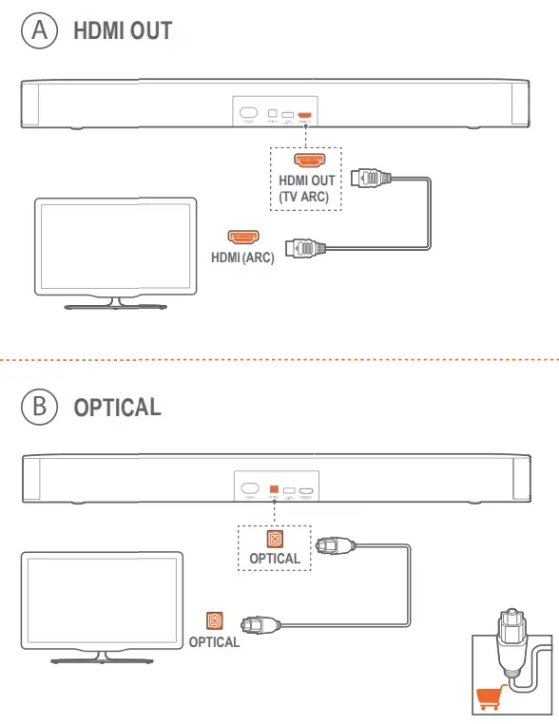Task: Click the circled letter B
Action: click(x=39, y=407)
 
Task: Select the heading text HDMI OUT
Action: click(x=123, y=30)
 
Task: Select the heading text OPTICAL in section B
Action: click(x=117, y=408)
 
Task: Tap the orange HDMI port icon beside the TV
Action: click(x=243, y=236)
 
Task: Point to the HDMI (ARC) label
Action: click(x=243, y=257)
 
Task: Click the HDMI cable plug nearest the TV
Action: click(x=311, y=248)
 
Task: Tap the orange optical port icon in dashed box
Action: click(x=275, y=539)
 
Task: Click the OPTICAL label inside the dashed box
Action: click(x=275, y=559)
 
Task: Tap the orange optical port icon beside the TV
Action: click(x=215, y=621)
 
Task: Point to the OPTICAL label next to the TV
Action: click(x=214, y=642)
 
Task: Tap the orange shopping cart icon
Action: click(x=487, y=700)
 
